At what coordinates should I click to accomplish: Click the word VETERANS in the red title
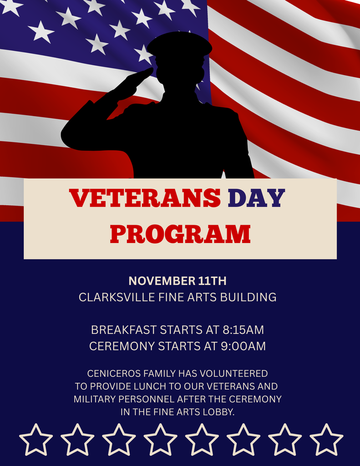click(145, 198)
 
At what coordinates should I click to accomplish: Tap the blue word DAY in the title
click(256, 198)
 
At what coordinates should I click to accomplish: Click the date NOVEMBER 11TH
click(177, 281)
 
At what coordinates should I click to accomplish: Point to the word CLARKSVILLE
click(117, 297)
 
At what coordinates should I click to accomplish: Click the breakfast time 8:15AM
click(243, 329)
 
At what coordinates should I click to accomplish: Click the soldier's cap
click(179, 45)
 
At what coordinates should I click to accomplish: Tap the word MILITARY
click(94, 399)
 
